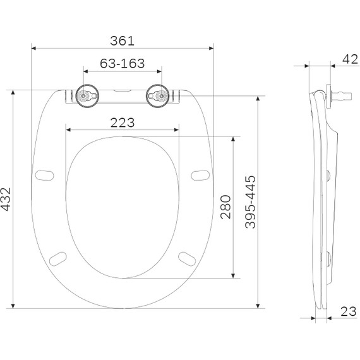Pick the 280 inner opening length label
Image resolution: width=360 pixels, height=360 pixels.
(225, 207)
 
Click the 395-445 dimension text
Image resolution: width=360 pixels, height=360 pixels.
(250, 201)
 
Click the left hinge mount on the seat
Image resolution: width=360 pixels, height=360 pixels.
(87, 96)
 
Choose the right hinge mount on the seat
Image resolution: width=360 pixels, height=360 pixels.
(159, 96)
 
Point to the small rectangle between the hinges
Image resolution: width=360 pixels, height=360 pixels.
(123, 91)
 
